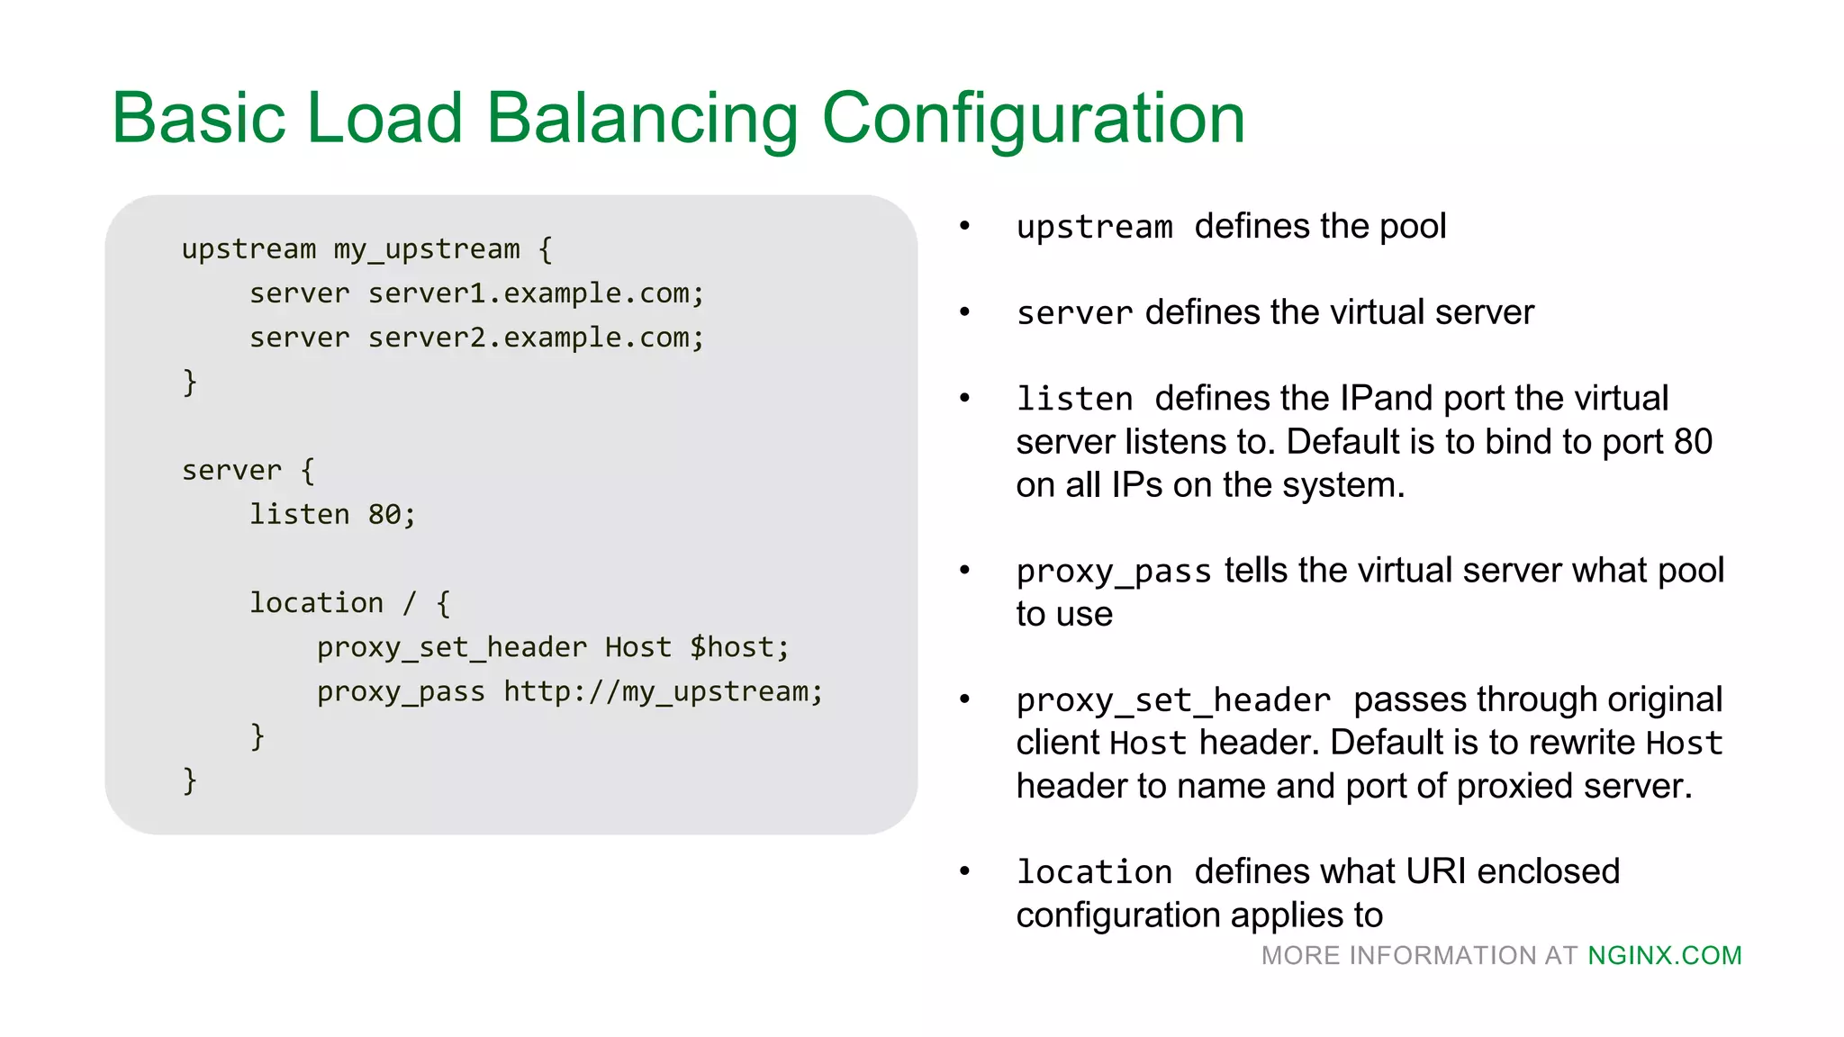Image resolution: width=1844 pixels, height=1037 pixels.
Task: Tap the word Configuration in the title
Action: (x=1033, y=119)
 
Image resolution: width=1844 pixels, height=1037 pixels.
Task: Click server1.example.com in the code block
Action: (x=535, y=293)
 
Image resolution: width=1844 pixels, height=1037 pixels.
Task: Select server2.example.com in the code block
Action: (x=535, y=338)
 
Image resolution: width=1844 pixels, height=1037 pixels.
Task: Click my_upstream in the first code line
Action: (x=427, y=249)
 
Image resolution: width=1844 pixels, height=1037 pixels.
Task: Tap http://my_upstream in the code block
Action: (x=662, y=691)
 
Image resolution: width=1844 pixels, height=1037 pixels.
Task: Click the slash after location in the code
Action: (x=410, y=603)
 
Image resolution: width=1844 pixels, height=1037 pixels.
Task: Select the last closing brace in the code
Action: (x=189, y=780)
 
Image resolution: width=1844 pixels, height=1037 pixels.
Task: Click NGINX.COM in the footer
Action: (x=1664, y=956)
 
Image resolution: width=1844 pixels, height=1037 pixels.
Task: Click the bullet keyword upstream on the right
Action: (x=1094, y=227)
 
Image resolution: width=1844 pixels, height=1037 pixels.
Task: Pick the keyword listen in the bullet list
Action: (x=1074, y=399)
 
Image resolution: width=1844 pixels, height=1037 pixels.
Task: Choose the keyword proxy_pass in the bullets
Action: (x=1114, y=572)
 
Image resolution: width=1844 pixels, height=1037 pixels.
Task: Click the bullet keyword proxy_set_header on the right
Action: (x=1173, y=700)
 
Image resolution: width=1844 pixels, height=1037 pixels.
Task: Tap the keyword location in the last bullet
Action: (x=1094, y=872)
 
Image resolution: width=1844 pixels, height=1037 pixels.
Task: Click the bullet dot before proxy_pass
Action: (x=964, y=571)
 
